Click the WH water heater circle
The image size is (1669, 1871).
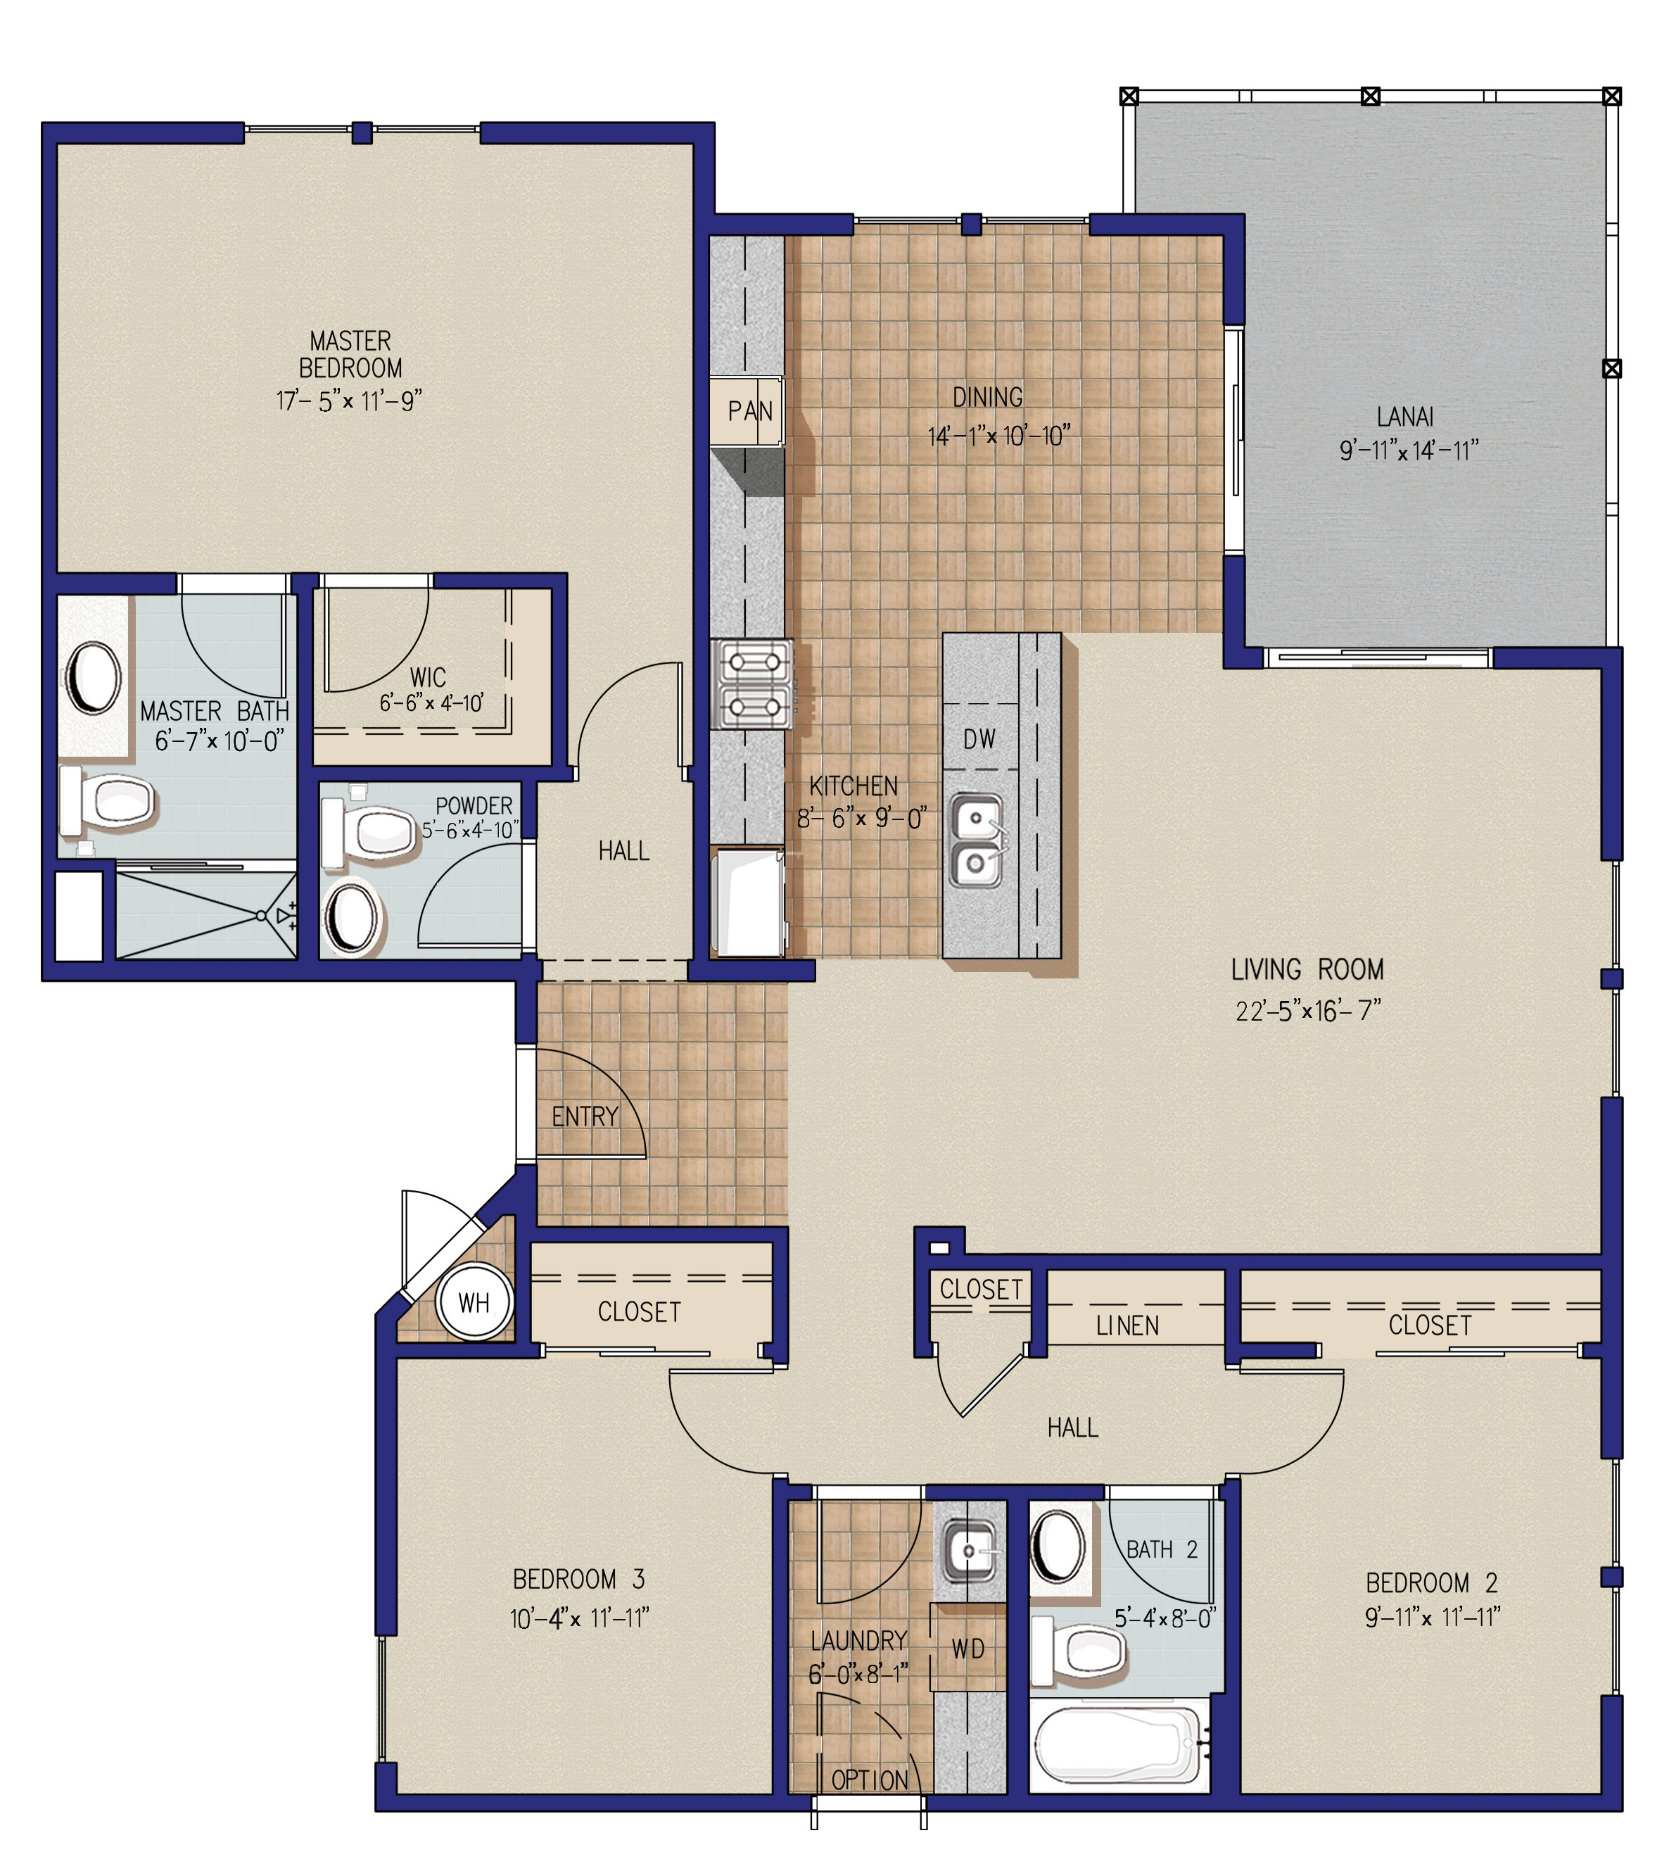tap(474, 1302)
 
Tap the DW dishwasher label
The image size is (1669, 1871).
tap(979, 739)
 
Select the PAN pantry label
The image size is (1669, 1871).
tap(750, 411)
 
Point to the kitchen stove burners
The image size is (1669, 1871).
tap(753, 684)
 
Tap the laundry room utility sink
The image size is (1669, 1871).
tap(970, 1551)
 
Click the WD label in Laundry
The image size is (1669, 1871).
tap(968, 1649)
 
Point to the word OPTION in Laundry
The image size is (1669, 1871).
tap(870, 1780)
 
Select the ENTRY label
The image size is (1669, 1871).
tap(585, 1116)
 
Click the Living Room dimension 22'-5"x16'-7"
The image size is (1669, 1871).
tap(1308, 1010)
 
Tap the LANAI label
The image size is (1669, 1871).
tap(1405, 417)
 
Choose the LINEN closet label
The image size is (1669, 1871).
tap(1127, 1325)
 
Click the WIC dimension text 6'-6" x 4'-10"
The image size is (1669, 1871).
tap(432, 703)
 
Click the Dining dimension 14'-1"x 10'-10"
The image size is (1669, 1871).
tap(998, 436)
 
